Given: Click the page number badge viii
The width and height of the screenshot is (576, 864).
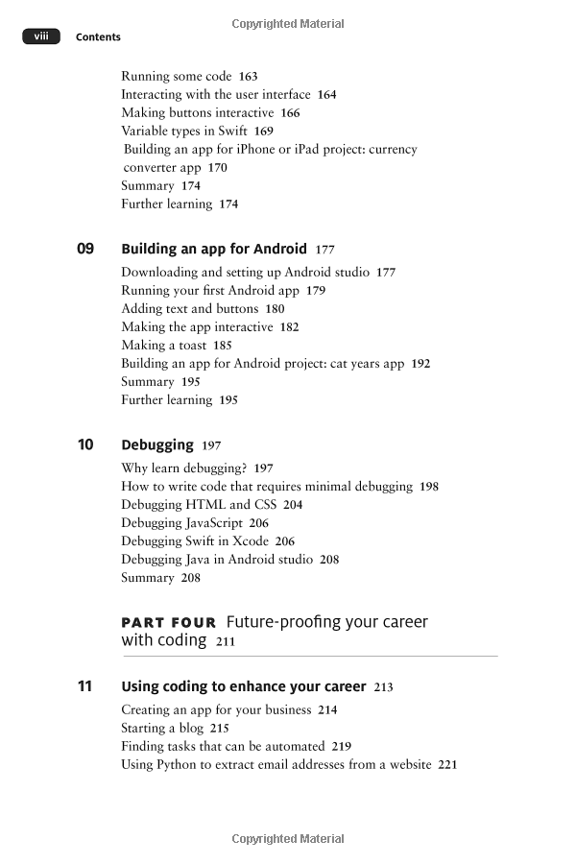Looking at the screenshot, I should (40, 36).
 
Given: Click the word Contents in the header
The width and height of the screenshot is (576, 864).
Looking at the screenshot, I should (98, 37).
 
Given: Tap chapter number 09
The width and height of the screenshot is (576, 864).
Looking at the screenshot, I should (85, 249).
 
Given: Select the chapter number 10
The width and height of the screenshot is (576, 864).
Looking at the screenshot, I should (85, 444).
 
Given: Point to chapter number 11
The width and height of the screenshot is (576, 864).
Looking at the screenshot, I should (85, 686).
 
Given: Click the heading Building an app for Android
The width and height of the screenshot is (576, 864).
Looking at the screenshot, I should (214, 249).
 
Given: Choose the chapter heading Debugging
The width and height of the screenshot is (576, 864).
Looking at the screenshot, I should (157, 444).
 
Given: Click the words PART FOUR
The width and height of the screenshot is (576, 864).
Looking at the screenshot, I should (169, 622).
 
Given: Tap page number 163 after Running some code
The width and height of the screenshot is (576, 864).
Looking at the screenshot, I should (248, 76).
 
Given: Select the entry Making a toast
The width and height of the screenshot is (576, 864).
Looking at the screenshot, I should (163, 345).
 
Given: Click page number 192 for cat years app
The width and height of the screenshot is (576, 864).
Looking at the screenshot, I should (420, 364).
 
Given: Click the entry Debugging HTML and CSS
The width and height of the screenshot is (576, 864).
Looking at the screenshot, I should (199, 504).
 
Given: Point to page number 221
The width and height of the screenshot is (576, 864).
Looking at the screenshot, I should (447, 764).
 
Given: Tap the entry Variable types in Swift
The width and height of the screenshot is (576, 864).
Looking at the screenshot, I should (184, 131).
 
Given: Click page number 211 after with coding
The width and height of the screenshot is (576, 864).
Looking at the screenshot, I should (225, 641).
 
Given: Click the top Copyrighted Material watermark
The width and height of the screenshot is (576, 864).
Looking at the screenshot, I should (288, 23).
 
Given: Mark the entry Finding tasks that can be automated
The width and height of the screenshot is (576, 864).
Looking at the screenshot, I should (223, 746).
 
